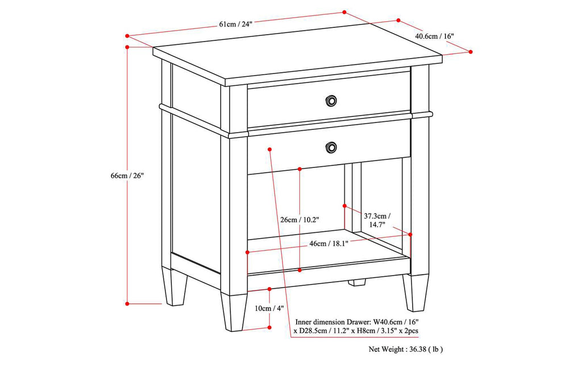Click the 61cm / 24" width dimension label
[x=235, y=24]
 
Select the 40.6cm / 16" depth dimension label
[x=434, y=36]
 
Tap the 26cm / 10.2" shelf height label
[x=300, y=220]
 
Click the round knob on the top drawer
[x=330, y=101]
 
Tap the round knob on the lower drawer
[x=330, y=148]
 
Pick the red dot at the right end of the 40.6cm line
[x=471, y=52]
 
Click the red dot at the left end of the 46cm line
[x=247, y=252]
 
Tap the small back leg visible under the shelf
[x=357, y=282]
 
